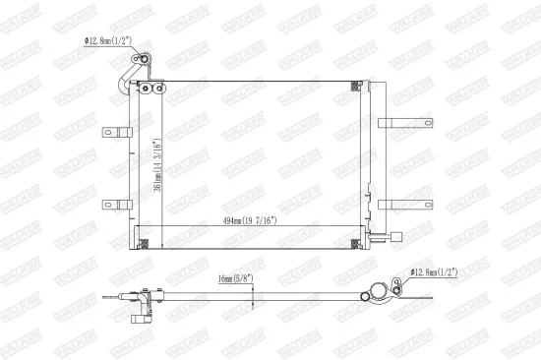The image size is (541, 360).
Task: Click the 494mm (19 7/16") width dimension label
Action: pyautogui.click(x=247, y=220)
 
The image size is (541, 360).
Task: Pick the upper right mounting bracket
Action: pyautogui.click(x=403, y=124)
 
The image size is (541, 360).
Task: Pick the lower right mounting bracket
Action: pyautogui.click(x=403, y=205)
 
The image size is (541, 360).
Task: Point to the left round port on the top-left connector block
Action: pyautogui.click(x=145, y=91)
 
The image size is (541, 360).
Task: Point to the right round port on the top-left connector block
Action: pyautogui.click(x=157, y=91)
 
